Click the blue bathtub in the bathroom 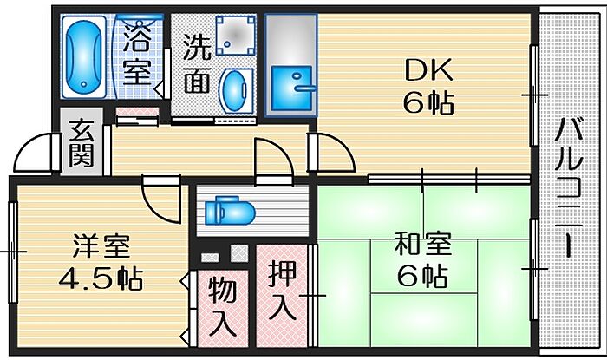point(83,56)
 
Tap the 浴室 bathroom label point(137,54)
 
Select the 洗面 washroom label point(197,64)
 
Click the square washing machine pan point(236,36)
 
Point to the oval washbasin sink point(234,91)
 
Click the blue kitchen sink point(291,88)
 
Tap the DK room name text point(428,69)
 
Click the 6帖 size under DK point(428,102)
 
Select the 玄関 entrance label point(82,143)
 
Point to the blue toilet point(230,211)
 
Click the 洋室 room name point(101,245)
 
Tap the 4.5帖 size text point(101,278)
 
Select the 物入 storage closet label point(223,307)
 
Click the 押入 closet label point(283,290)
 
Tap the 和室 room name point(423,244)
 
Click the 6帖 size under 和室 point(423,275)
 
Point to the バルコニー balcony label point(569,187)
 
